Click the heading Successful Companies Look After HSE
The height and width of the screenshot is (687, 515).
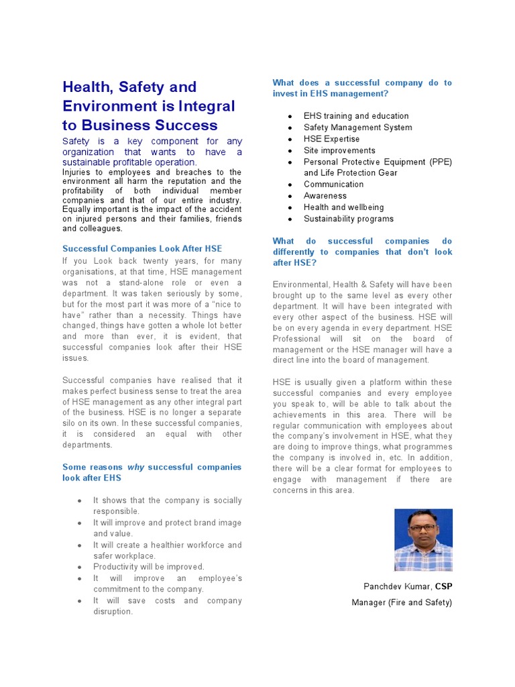click(x=142, y=249)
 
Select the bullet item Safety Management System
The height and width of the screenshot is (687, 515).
click(x=357, y=127)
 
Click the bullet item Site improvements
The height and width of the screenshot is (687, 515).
click(x=339, y=150)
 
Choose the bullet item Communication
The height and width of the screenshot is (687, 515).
click(x=333, y=184)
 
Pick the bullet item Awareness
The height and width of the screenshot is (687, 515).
click(x=325, y=196)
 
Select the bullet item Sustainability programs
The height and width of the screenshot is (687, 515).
click(x=349, y=219)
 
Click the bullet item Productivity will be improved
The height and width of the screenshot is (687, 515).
click(x=149, y=567)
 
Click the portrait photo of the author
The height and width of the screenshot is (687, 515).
click(x=423, y=539)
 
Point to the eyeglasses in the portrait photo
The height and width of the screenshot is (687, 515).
click(x=422, y=527)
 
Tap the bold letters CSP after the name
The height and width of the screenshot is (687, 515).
click(x=443, y=586)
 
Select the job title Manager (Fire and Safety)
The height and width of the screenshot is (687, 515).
click(x=402, y=602)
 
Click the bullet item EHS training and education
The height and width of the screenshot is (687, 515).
click(x=356, y=116)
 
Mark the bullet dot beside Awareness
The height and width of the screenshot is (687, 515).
click(x=290, y=197)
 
